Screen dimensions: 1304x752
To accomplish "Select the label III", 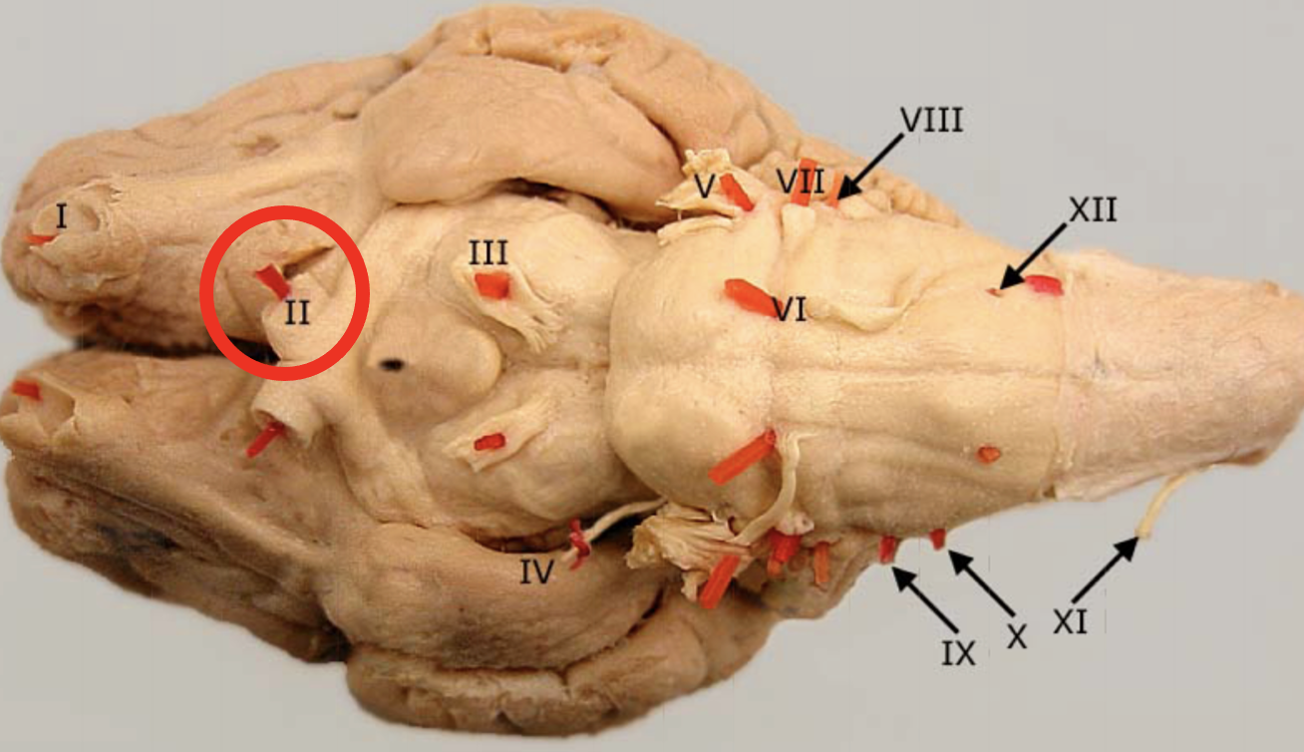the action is coord(489,252).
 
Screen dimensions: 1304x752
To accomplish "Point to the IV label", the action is coord(537,571).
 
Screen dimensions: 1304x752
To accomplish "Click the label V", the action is coord(705,187).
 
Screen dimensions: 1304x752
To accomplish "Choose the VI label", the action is coord(789,311).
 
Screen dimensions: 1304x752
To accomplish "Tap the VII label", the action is coord(802,182).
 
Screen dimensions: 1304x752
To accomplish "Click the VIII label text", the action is coord(931,121).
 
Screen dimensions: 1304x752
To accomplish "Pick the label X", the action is coord(1016,637).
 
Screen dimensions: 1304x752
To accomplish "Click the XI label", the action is coord(1070,623).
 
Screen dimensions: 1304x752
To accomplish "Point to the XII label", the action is coord(1093,210).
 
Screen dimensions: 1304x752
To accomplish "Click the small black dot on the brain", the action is coord(391,365).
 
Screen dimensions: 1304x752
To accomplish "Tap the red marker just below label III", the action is coord(491,286).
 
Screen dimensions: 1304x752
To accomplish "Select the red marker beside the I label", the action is coord(40,238).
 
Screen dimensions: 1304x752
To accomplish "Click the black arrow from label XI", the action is coord(1107,570).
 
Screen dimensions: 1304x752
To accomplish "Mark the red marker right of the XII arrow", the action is coord(1043,285).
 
